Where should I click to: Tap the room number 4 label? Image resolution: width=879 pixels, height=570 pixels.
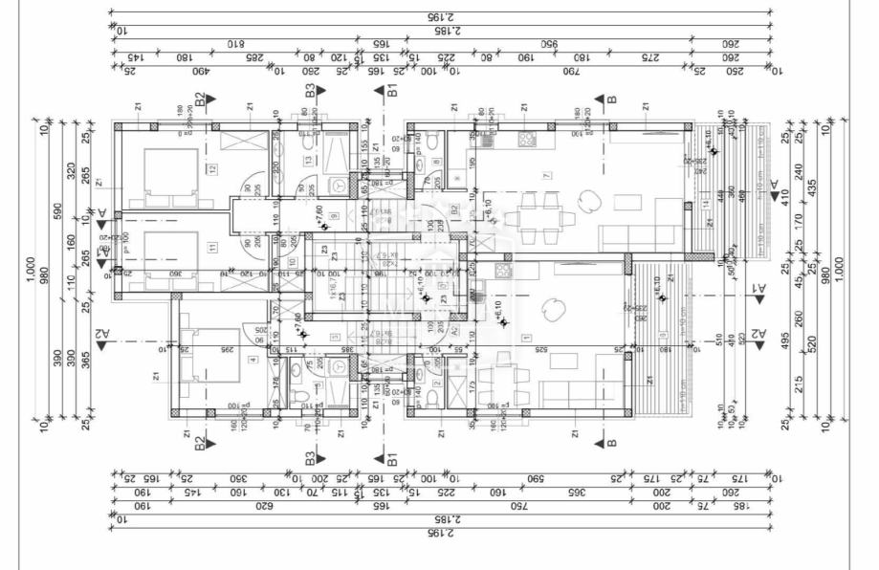pyautogui.click(x=253, y=360)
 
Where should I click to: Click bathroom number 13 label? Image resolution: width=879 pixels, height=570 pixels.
pyautogui.click(x=309, y=161)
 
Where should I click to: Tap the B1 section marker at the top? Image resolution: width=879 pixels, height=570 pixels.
pyautogui.click(x=391, y=91)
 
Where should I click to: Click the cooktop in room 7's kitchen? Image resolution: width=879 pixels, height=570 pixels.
pyautogui.click(x=527, y=139)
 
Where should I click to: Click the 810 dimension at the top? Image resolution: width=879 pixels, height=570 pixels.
pyautogui.click(x=236, y=43)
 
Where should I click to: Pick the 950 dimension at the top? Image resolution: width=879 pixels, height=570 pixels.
pyautogui.click(x=549, y=43)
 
